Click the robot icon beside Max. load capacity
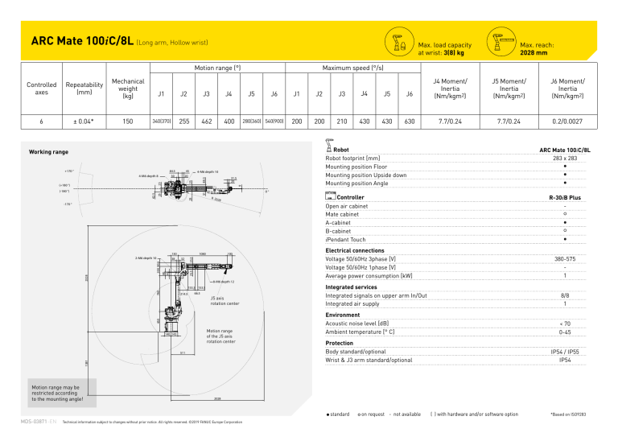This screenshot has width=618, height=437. (x=398, y=43)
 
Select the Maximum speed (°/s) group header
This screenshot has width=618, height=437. (x=352, y=69)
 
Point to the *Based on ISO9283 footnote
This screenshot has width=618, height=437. (x=575, y=414)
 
